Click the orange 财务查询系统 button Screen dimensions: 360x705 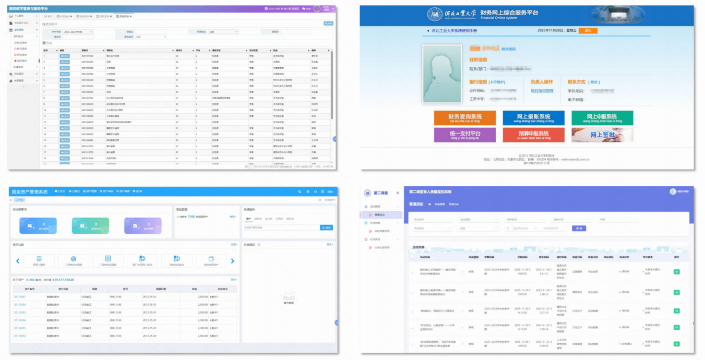465,118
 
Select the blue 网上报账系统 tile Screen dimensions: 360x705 533,118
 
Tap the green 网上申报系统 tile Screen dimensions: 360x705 602,118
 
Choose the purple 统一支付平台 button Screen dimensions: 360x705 465,135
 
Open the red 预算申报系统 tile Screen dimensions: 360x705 533,135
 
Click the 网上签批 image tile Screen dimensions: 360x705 602,135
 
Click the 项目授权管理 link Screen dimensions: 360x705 542,91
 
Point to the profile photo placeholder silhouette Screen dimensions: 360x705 442,73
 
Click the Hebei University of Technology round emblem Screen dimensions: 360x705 434,14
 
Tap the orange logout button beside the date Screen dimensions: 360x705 588,31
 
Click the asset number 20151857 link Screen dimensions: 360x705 20,297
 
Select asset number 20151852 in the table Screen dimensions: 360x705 20,336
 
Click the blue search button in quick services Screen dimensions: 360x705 326,227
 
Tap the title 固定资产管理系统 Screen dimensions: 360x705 30,191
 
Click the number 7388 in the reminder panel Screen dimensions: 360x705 191,216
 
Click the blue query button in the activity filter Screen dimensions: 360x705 579,228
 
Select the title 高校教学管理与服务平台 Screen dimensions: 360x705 29,9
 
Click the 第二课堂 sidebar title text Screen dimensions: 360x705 380,193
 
